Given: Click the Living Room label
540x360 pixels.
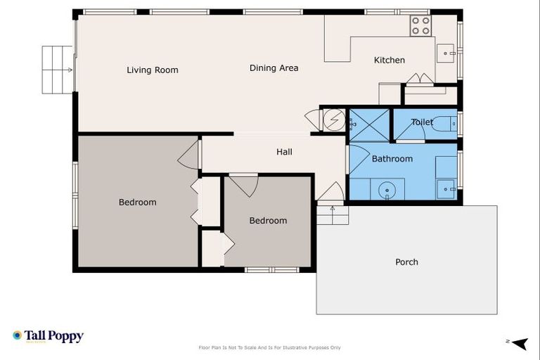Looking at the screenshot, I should point(153,70).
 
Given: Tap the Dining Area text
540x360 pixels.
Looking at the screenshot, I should point(274,68).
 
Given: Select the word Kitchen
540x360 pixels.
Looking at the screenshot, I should point(389,60).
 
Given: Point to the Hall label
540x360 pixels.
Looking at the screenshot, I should point(284,152).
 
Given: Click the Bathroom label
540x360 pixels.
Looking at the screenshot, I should point(392,159).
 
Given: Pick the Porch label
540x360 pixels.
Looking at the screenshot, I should point(406,262).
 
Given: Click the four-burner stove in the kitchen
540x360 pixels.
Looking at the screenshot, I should point(420,26).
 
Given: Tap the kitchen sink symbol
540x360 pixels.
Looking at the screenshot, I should point(446,53).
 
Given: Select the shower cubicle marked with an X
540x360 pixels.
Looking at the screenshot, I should point(368,125).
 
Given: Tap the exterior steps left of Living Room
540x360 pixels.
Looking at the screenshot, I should point(58,70).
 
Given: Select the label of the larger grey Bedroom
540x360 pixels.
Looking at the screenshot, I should point(137,202).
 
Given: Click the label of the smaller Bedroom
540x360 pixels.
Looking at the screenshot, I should point(268,221).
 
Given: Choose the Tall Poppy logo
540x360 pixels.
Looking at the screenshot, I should point(48,336).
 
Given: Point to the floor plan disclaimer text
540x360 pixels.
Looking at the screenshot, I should point(270,347).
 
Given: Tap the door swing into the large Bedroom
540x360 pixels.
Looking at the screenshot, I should point(188,155).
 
